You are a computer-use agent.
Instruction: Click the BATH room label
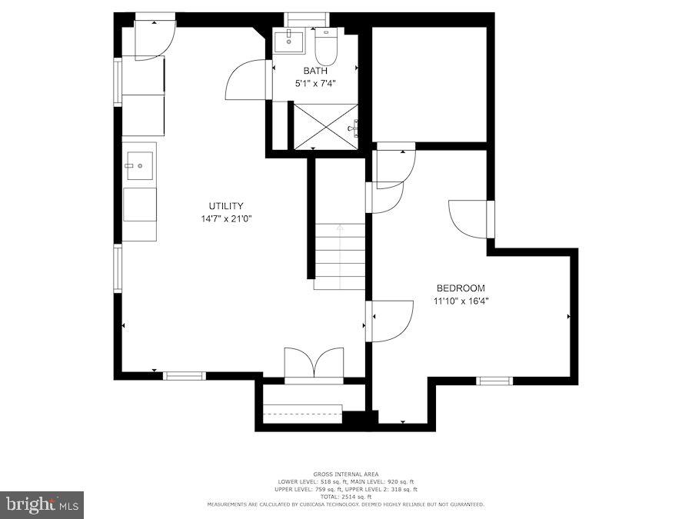[315, 71]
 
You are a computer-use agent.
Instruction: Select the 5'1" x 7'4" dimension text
[315, 83]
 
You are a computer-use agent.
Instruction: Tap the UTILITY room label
[226, 206]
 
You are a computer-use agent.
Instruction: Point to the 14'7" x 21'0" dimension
[226, 219]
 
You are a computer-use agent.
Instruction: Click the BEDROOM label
[461, 288]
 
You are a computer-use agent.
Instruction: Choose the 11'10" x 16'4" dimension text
[461, 301]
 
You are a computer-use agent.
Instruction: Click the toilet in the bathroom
[326, 45]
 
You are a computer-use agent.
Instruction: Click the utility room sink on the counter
[139, 165]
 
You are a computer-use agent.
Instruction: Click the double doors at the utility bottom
[314, 364]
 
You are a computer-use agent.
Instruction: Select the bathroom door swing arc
[246, 80]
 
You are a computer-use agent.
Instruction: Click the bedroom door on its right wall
[469, 219]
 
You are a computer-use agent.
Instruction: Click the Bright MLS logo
[42, 505]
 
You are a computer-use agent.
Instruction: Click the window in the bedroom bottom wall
[494, 381]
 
